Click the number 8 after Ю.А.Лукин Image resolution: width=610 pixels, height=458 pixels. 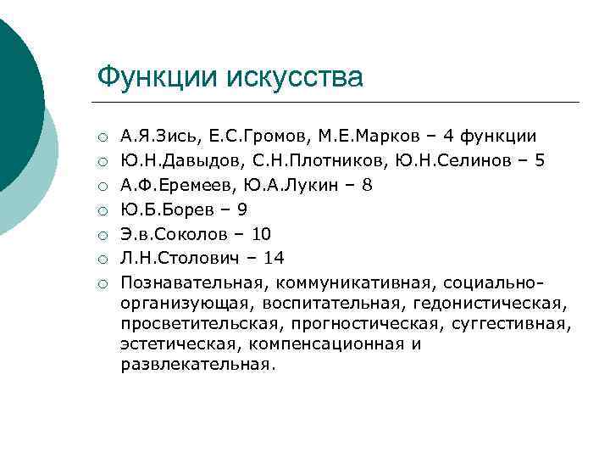[366, 184]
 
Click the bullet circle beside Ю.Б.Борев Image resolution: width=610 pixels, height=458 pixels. [102, 209]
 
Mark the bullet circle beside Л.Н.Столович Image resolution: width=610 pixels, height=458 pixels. [102, 259]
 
